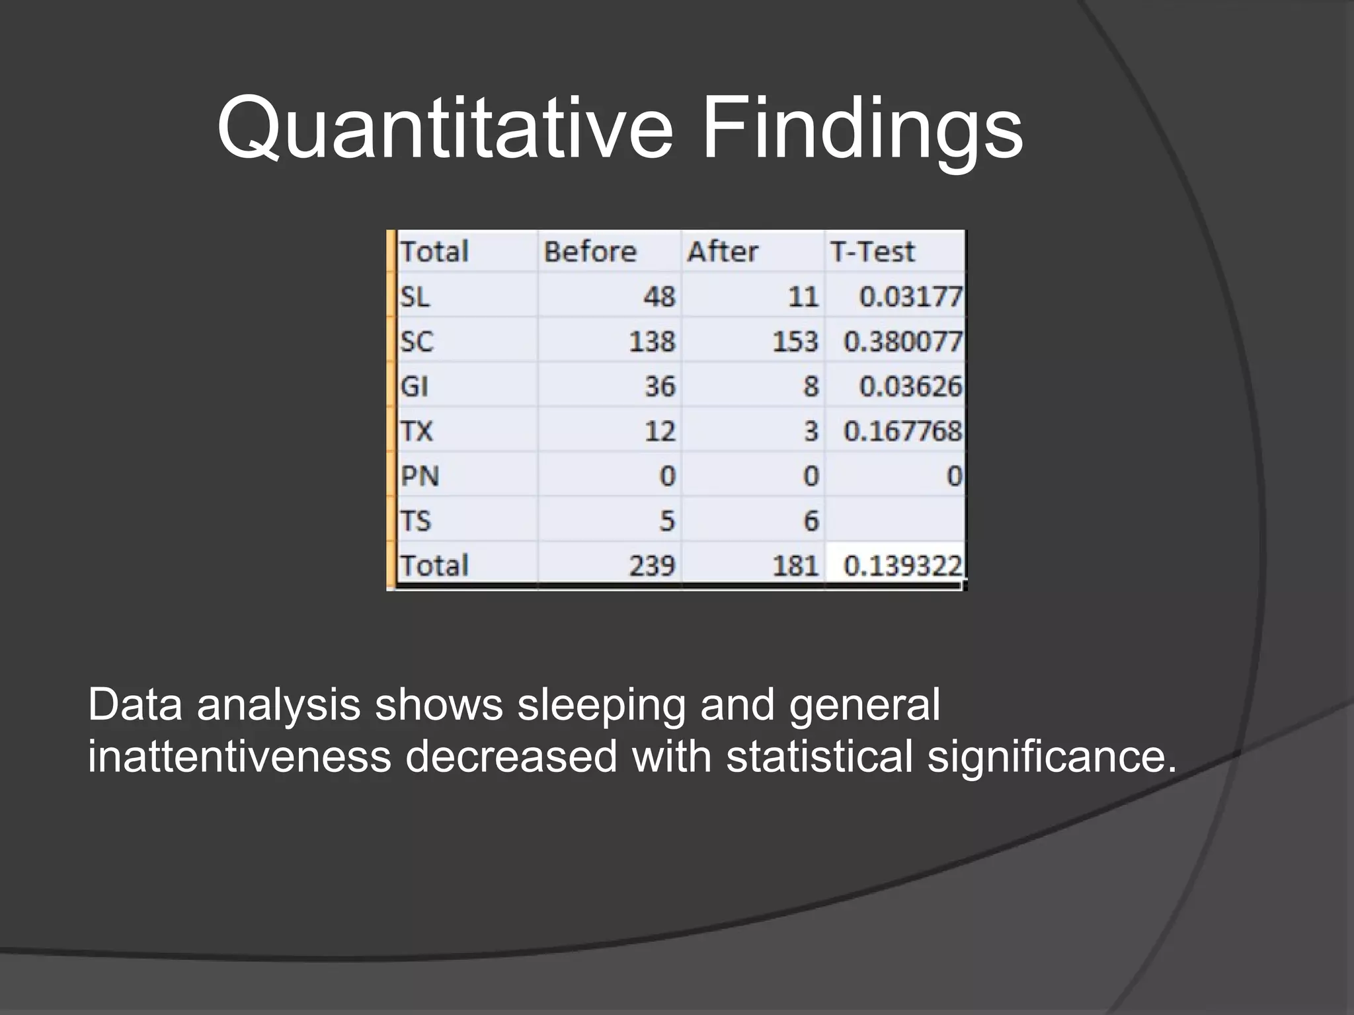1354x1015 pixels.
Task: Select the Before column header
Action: [x=590, y=252]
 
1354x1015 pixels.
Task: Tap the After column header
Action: [x=722, y=252]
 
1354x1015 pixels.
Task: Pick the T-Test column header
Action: [x=872, y=252]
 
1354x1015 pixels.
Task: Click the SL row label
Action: [x=415, y=297]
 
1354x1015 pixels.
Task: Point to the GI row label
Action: [x=415, y=386]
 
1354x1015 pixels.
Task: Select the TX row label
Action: [x=417, y=431]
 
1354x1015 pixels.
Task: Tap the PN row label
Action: [x=420, y=476]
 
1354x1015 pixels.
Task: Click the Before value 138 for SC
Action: [x=652, y=342]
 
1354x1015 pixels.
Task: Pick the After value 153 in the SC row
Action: [x=795, y=342]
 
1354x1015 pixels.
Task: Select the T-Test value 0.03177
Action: [x=910, y=297]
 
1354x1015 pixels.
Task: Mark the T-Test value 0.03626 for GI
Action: [x=910, y=386]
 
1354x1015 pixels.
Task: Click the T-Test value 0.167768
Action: [x=902, y=431]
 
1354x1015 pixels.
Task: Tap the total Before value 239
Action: [x=652, y=566]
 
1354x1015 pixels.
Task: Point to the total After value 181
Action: [x=795, y=566]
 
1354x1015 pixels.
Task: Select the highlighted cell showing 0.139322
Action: [x=902, y=566]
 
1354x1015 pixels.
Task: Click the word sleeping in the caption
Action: [x=601, y=705]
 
